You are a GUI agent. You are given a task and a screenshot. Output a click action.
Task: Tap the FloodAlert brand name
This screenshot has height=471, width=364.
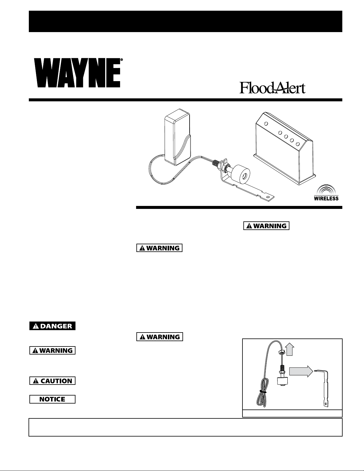[272, 88]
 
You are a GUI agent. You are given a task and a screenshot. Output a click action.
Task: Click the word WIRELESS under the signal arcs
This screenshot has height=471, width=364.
[326, 198]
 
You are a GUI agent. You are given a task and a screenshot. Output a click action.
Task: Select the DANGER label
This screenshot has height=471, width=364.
[52, 326]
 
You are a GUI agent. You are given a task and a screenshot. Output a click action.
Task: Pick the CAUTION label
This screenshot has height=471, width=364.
[52, 381]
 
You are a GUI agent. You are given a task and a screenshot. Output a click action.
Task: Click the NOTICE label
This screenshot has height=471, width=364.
[52, 399]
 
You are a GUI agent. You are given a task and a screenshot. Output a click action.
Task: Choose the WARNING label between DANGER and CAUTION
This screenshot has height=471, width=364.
[52, 350]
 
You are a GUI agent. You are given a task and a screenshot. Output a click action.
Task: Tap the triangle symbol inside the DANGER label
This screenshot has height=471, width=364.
[36, 326]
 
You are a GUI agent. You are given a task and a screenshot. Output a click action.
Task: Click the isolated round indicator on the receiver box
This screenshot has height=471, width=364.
[266, 124]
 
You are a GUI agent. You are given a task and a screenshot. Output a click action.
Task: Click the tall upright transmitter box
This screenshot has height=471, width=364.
[177, 137]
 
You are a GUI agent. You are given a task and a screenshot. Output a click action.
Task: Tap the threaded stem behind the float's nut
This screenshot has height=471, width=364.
[216, 163]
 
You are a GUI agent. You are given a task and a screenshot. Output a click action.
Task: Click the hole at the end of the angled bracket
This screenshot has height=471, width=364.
[268, 197]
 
